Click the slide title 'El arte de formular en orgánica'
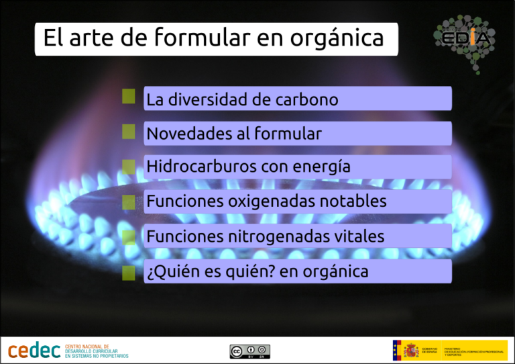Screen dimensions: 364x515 (x=214, y=38)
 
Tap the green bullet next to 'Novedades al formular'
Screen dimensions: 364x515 (x=129, y=130)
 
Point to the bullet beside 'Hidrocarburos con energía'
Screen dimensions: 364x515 (x=129, y=165)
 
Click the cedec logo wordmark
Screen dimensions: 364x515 (x=34, y=351)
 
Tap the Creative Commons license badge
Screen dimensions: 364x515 (x=249, y=351)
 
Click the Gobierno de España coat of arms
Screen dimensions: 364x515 (x=410, y=350)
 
